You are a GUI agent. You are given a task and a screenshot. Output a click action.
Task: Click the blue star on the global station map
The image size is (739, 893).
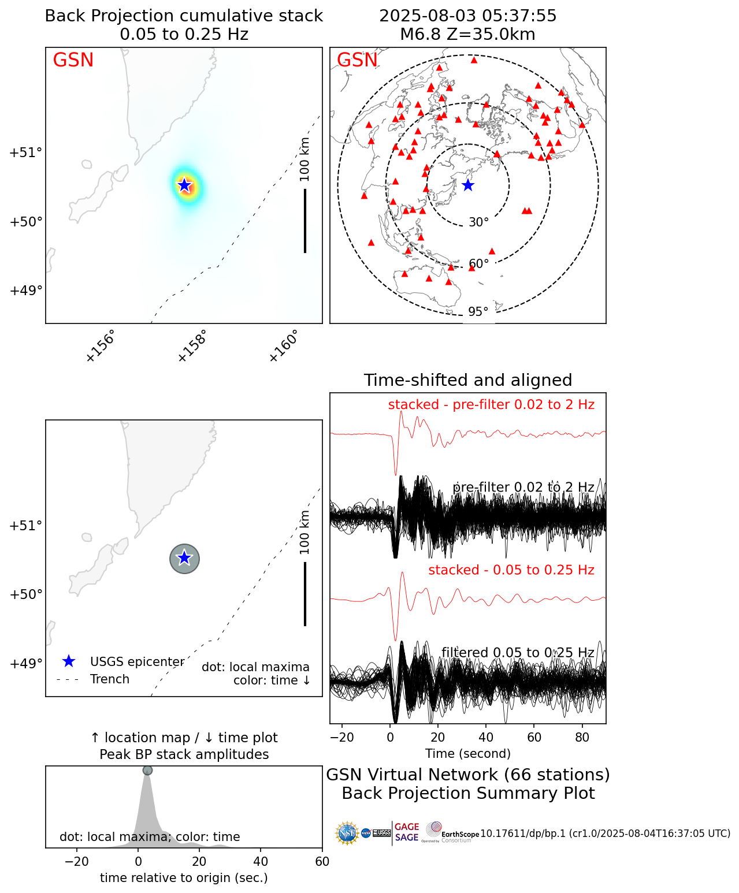468,185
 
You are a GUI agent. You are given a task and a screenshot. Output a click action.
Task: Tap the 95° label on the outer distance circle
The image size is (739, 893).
478,312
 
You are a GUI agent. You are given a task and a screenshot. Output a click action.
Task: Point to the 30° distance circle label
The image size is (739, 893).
478,222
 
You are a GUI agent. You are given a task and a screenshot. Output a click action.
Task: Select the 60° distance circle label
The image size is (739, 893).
478,264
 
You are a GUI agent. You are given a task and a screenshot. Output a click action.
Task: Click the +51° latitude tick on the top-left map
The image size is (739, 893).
26,152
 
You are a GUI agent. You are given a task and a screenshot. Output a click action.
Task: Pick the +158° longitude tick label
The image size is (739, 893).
192,347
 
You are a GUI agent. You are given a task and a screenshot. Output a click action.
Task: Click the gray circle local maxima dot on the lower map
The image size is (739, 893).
184,559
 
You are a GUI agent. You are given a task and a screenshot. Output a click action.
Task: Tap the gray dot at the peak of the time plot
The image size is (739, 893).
147,771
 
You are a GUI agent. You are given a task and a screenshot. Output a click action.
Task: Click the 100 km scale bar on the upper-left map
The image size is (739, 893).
305,221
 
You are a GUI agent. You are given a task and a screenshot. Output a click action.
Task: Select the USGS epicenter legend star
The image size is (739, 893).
69,661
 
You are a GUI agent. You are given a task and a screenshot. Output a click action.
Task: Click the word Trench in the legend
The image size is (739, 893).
110,679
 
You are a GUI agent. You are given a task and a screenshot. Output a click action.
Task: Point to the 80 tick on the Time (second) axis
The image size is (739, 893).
582,737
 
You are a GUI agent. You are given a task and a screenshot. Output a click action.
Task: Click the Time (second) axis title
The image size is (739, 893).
468,753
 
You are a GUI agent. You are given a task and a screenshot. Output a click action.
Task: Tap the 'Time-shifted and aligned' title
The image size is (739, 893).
468,380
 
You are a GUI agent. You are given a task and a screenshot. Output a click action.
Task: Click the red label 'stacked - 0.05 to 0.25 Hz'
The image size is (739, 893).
511,570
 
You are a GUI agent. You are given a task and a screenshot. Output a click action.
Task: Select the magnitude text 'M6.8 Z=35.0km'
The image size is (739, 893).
468,35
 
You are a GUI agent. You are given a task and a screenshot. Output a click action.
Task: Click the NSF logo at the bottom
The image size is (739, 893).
347,833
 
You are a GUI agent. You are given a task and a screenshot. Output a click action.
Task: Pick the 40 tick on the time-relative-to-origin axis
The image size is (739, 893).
261,862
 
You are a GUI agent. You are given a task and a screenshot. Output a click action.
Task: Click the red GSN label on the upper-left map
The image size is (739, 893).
73,60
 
